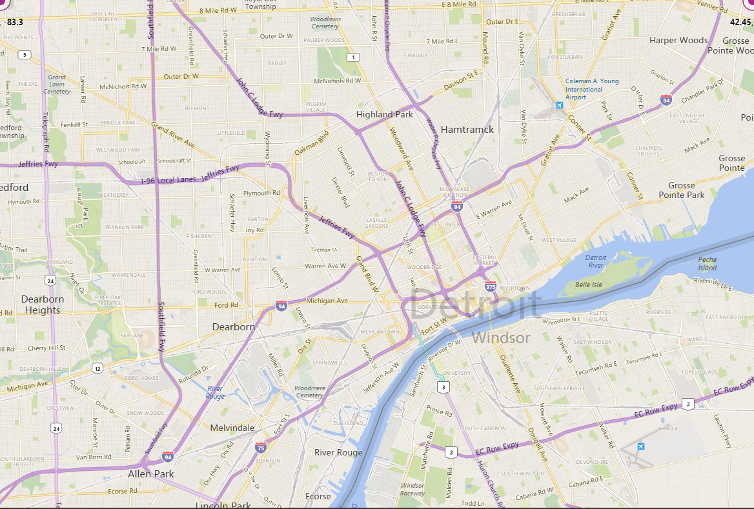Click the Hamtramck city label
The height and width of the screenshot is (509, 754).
(467, 129)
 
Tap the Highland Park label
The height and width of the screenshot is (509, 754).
(384, 114)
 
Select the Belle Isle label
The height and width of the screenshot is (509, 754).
(588, 284)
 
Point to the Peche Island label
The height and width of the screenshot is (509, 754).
(707, 263)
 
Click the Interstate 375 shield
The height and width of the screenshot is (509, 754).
(491, 286)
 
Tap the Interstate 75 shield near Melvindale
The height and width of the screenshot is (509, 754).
(261, 447)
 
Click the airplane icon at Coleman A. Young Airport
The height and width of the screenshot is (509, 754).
(558, 105)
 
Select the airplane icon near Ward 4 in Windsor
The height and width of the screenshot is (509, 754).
(640, 446)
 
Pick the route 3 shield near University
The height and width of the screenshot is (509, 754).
(442, 387)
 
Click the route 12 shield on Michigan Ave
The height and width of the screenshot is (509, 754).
(97, 368)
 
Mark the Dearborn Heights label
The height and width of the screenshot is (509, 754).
(43, 304)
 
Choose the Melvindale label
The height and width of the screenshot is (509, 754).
(232, 428)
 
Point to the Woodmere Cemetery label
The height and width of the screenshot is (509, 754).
(308, 392)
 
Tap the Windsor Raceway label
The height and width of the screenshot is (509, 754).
(413, 489)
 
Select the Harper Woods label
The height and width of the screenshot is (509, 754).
(678, 40)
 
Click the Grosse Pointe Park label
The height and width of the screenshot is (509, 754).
(682, 190)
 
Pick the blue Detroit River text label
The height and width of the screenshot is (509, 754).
(595, 261)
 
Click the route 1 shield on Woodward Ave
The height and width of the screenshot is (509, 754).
(352, 57)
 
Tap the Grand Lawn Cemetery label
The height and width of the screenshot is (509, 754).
(57, 84)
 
